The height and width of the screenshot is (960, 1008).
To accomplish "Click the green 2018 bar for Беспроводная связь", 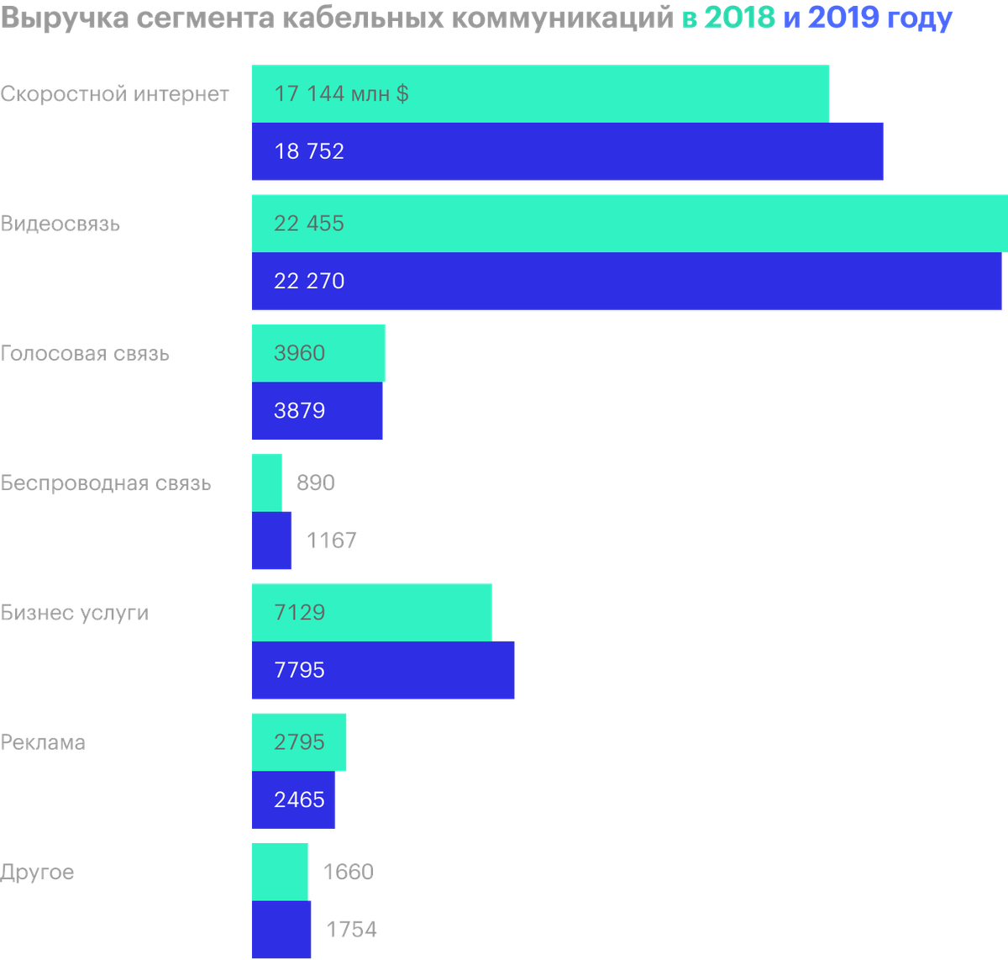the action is click(x=266, y=483).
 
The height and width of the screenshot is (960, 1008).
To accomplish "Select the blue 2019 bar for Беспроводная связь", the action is click(x=271, y=541).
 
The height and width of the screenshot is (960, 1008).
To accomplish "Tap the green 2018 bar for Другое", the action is click(x=280, y=873).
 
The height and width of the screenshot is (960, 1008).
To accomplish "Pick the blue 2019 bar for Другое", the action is click(x=281, y=929).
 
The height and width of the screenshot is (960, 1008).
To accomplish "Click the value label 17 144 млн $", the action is click(x=342, y=94).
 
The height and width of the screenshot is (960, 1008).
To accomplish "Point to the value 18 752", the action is click(x=309, y=151).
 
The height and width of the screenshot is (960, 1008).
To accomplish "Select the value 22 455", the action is click(x=308, y=224).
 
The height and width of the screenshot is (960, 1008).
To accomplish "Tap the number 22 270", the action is click(x=309, y=281).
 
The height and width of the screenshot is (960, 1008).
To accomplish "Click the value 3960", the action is click(x=299, y=353).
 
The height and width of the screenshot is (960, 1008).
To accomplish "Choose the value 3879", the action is click(x=299, y=410).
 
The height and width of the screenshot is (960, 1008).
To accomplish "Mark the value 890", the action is click(x=316, y=483).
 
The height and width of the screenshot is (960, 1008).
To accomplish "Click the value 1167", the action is click(x=331, y=541).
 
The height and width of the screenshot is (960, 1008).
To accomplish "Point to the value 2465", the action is click(x=299, y=799).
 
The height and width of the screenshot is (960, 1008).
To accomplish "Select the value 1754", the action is click(x=352, y=929).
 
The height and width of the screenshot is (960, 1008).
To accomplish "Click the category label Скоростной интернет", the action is click(x=114, y=94).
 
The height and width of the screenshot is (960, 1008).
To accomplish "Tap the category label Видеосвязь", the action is click(x=60, y=224).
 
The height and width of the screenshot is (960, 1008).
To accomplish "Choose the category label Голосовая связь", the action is click(x=85, y=354).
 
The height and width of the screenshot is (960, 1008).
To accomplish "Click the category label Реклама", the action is click(x=43, y=742).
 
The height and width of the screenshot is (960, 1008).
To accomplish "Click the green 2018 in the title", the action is click(x=739, y=18).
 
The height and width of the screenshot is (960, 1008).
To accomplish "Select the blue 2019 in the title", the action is click(x=844, y=18).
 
